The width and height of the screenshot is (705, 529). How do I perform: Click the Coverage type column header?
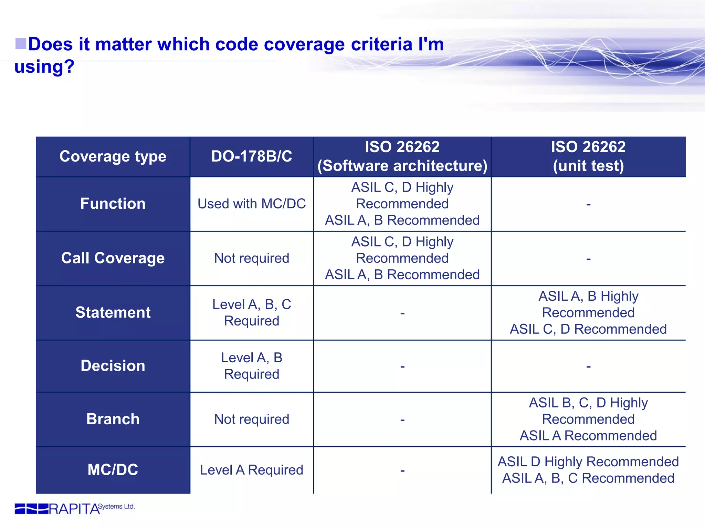[113, 156]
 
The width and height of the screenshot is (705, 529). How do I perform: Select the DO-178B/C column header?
[252, 156]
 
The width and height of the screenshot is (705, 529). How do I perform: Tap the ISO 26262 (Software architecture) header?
[402, 156]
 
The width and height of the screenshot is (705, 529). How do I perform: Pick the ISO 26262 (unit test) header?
[588, 156]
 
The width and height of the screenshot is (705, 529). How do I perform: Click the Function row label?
[113, 204]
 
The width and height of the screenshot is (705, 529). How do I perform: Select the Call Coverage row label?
[113, 258]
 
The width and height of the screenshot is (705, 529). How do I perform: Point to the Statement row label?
[113, 312]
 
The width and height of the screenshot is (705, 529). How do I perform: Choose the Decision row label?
[113, 366]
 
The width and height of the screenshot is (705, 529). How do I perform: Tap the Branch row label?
[113, 419]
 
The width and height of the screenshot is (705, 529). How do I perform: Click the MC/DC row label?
[113, 470]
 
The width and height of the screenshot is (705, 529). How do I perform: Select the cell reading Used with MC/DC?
[252, 204]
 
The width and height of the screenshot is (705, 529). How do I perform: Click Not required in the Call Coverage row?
[252, 258]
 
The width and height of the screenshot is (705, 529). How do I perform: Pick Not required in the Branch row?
[252, 419]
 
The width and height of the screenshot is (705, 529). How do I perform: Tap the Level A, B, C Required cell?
[252, 312]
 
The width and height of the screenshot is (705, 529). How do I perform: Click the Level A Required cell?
[252, 470]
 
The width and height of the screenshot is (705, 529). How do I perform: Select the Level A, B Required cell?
[252, 366]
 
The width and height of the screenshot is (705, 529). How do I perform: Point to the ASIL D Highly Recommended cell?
[588, 470]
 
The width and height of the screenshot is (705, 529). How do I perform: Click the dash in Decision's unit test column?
[588, 367]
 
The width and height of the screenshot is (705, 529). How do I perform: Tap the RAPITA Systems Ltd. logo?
[74, 508]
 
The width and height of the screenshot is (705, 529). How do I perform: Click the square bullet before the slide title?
[21, 44]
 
